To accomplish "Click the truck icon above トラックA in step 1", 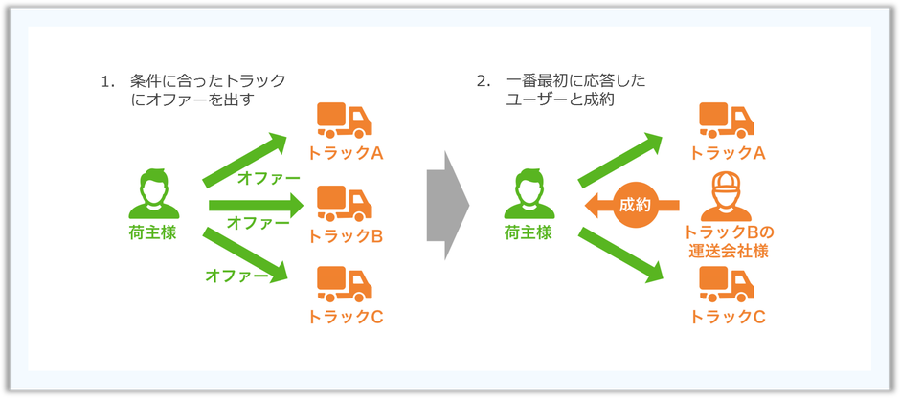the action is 345,121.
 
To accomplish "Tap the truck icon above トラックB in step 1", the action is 345,204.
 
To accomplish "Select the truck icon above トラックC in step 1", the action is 345,284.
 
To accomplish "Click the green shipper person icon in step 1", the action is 154,194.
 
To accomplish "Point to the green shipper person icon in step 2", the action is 529,194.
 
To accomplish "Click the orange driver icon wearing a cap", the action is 726,196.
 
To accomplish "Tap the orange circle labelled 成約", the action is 634,205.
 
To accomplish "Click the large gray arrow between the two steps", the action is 448,206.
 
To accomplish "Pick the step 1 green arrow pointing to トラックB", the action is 256,206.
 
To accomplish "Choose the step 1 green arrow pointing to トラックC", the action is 245,254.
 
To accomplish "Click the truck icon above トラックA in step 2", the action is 727,121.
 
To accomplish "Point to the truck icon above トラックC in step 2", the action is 727,284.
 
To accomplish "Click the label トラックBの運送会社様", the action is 727,242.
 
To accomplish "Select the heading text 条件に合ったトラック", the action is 208,81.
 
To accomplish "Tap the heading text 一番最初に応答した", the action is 575,81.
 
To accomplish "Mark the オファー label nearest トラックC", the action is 236,276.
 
